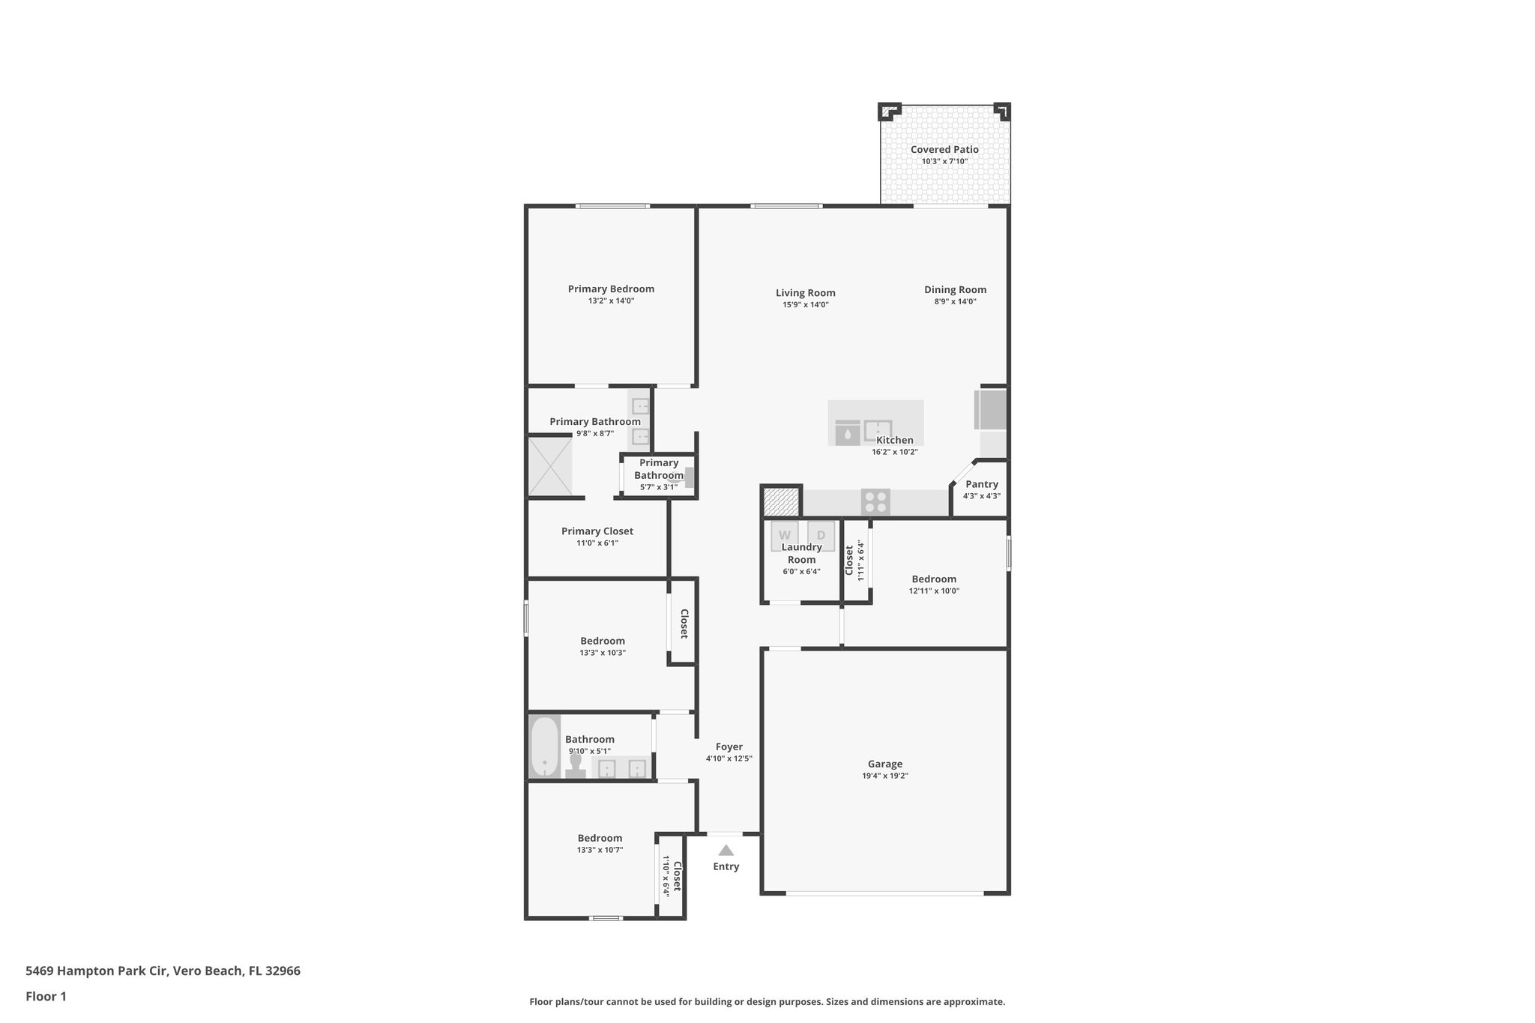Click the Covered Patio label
(x=944, y=149)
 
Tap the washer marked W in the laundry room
(x=785, y=535)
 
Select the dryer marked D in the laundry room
(x=821, y=535)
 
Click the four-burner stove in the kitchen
(x=875, y=501)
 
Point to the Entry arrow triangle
(x=726, y=850)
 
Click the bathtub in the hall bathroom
(x=545, y=746)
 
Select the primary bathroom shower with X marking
(x=551, y=466)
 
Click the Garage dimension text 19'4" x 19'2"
(x=885, y=776)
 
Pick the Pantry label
(x=981, y=484)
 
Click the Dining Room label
(x=955, y=289)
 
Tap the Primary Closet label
(x=597, y=531)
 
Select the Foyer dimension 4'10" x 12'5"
(x=729, y=758)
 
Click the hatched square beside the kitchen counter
(x=781, y=501)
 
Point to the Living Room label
(x=805, y=293)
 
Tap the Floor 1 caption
(x=46, y=996)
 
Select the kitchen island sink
(x=878, y=431)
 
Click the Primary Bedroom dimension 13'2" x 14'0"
(x=611, y=301)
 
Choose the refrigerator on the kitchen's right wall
(x=992, y=409)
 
